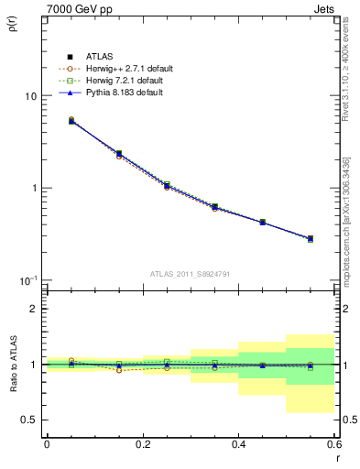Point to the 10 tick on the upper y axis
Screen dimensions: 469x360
30,96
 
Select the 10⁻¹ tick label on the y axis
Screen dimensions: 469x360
28,279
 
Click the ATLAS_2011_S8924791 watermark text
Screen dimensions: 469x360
191,273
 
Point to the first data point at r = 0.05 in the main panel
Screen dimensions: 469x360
71,120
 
